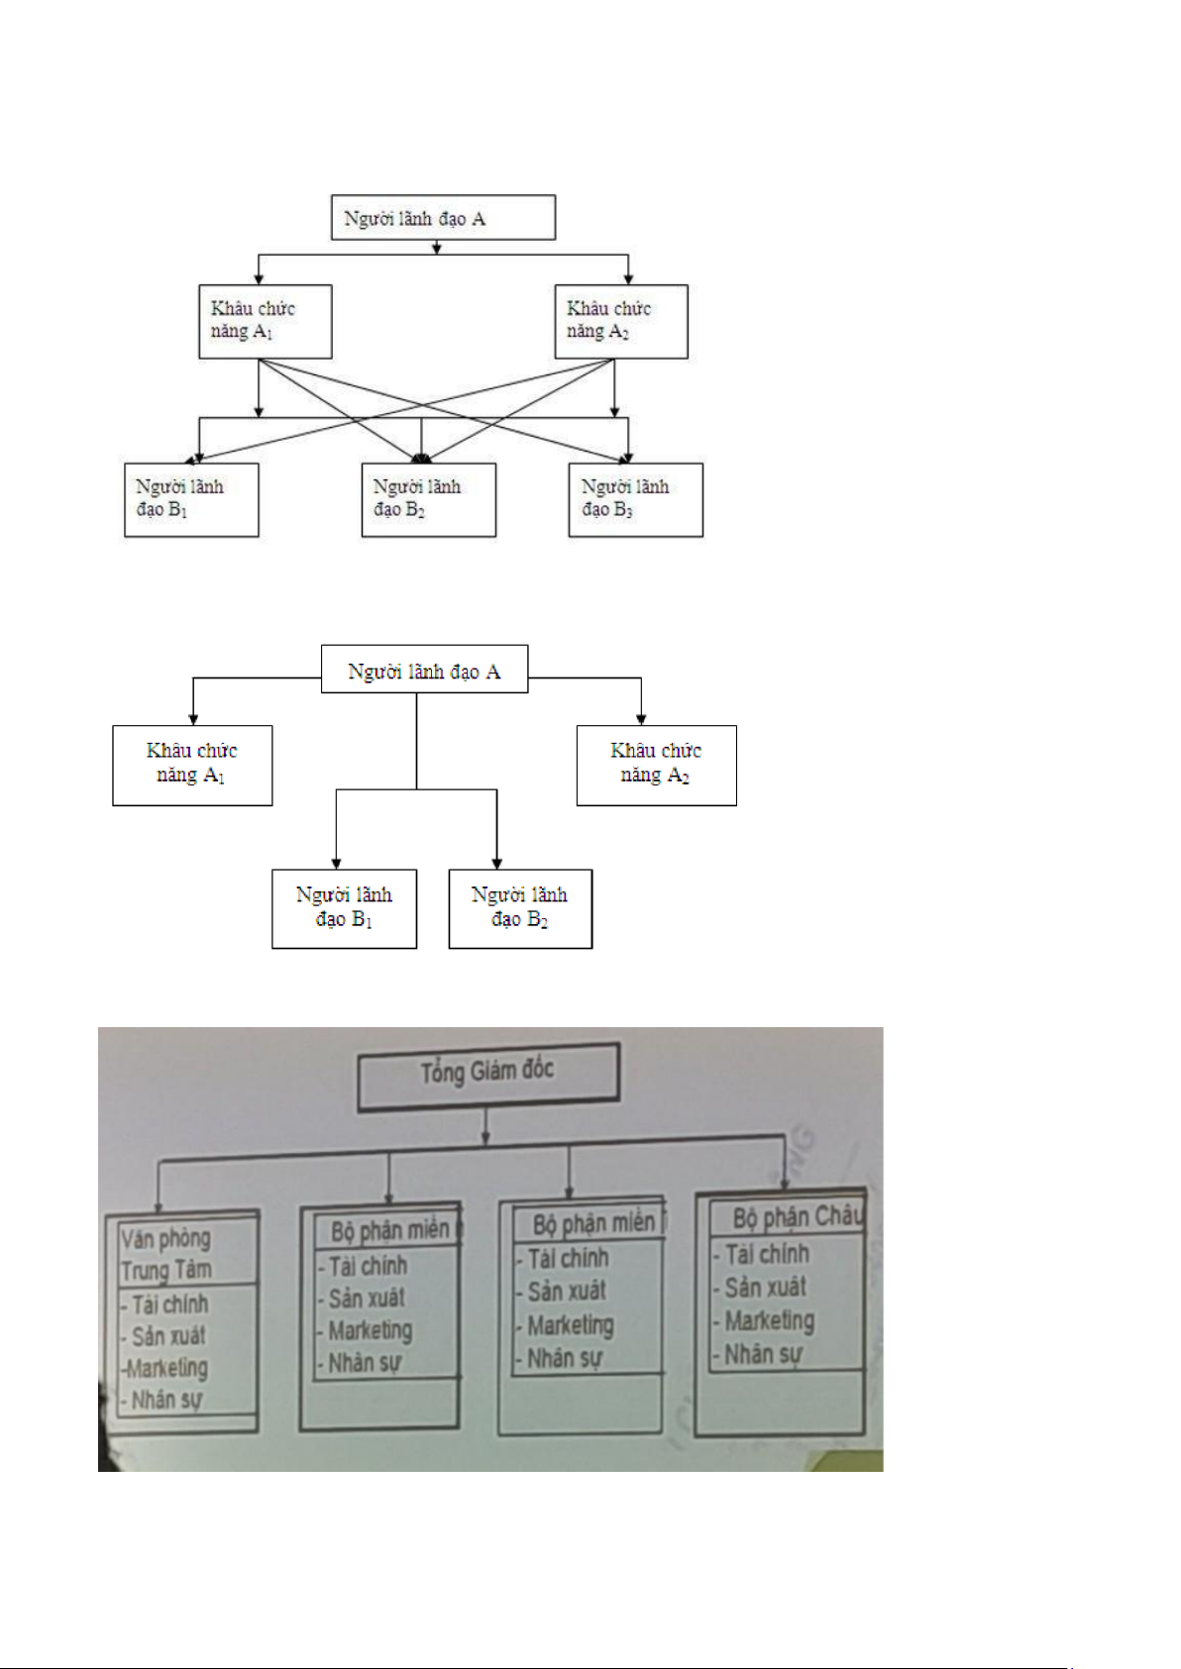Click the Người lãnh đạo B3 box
[x=635, y=499]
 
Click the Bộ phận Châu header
[x=787, y=1217]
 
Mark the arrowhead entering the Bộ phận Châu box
[x=785, y=1182]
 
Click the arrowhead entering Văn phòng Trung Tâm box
[x=159, y=1201]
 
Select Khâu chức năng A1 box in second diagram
[x=192, y=765]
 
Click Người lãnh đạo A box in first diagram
[x=443, y=218]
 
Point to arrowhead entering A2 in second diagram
[x=641, y=719]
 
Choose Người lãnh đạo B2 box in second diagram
[x=520, y=908]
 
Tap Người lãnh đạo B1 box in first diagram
[x=191, y=499]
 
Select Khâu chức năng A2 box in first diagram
[x=620, y=321]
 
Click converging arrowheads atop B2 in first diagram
[x=422, y=459]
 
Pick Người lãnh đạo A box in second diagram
[x=424, y=670]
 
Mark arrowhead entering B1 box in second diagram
[x=336, y=864]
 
